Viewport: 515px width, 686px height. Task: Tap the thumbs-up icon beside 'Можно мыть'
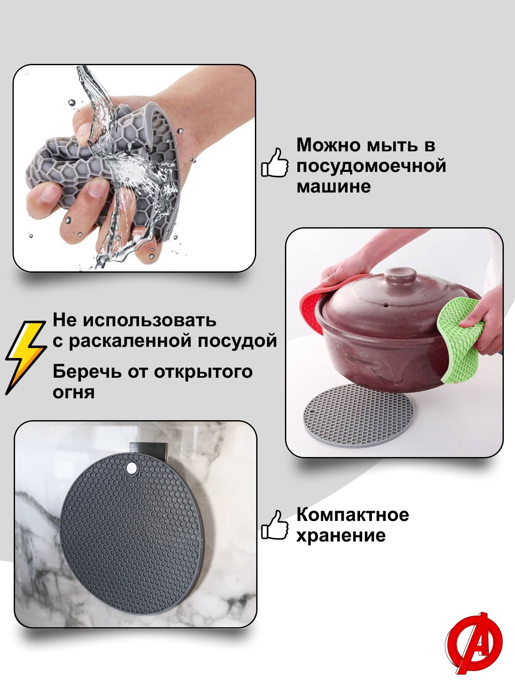point(275,162)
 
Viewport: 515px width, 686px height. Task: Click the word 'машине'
point(333,186)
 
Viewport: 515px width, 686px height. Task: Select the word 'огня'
point(73,392)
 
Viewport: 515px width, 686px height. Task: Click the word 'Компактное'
point(352,514)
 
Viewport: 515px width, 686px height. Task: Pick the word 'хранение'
point(341,535)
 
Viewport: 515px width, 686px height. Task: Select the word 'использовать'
point(149,321)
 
